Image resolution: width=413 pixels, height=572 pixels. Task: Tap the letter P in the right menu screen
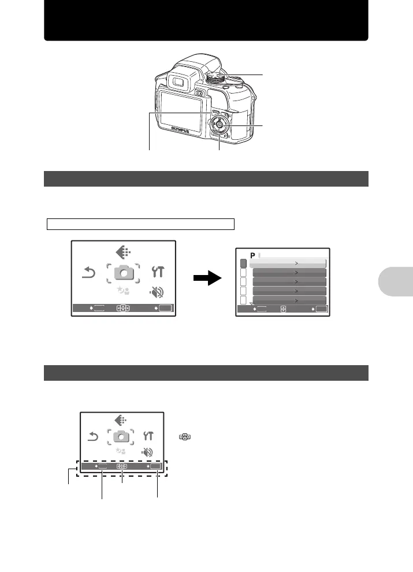pos(252,255)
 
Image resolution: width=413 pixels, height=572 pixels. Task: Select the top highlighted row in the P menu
pos(288,263)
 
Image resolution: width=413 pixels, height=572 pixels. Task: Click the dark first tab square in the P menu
pos(243,263)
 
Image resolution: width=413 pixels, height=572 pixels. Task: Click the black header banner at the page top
pos(206,20)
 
